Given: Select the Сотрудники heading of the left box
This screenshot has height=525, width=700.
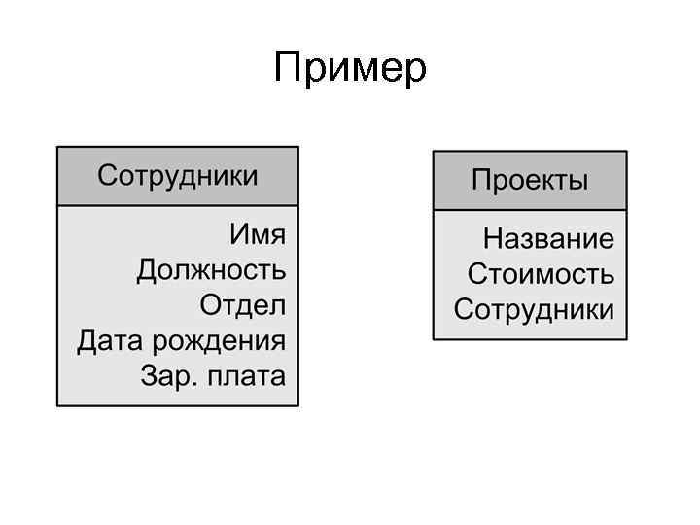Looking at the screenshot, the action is pos(178,176).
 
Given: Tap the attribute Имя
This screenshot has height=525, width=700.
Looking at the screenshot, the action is pos(258,235).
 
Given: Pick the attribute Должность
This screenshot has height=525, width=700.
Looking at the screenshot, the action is pos(212,270).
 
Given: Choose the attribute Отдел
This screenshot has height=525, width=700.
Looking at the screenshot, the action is pos(243,305).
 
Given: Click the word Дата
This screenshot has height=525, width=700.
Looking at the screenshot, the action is pos(108,341).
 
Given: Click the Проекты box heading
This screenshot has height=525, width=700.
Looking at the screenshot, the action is pos(530,180).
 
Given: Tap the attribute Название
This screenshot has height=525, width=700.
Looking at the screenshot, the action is pos(549,239).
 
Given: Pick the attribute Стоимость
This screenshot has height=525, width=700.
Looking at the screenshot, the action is pos(541,274).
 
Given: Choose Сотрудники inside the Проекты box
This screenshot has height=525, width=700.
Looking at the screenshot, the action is pos(534,310).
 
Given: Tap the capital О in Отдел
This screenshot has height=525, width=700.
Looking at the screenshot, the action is pos(211,305).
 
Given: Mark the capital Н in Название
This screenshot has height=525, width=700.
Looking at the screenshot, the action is pos(493,239).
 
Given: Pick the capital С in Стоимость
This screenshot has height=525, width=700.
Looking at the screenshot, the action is pos(476,274).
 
